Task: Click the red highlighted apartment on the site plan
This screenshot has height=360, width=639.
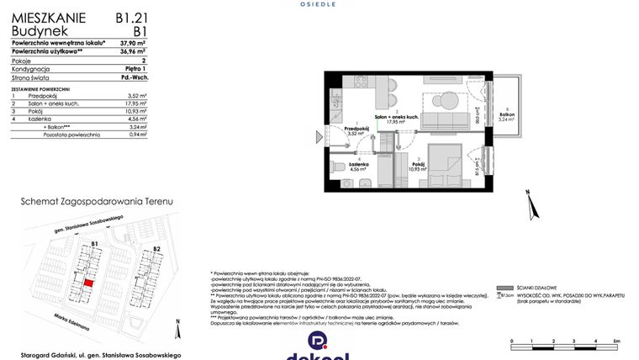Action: tap(89, 283)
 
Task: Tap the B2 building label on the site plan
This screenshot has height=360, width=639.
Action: tap(156, 249)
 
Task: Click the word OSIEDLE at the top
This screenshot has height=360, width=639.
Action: tap(318, 4)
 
